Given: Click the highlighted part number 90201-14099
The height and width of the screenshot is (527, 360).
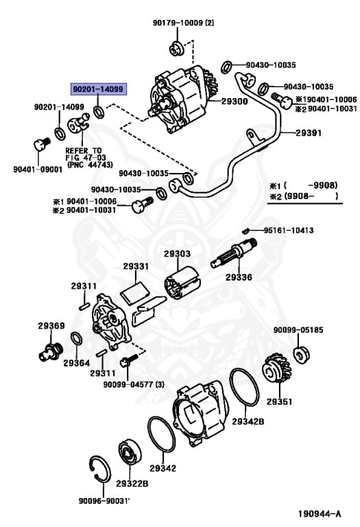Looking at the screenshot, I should click(97, 89).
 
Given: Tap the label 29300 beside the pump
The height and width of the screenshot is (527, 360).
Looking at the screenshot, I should click(235, 101).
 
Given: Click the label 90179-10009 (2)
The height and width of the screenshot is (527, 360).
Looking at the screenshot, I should click(183, 23).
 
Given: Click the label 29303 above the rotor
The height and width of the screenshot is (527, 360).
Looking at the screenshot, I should click(177, 254).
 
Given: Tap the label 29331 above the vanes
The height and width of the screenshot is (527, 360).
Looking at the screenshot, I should click(136, 266).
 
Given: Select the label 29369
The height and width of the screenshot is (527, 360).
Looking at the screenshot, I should click(51, 326).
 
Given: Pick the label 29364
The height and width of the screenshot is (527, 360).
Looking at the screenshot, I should click(77, 362).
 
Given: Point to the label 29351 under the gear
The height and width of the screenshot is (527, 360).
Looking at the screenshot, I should click(279, 402).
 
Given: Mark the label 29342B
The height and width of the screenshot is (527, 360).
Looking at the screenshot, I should click(247, 421).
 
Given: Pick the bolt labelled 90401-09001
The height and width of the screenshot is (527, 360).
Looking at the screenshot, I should click(40, 145).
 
